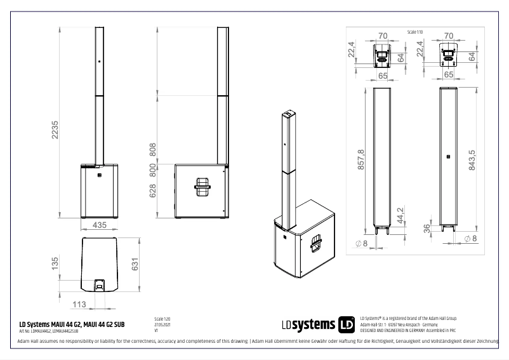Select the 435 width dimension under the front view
pyautogui.click(x=98, y=225)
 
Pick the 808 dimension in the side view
pyautogui.click(x=152, y=150)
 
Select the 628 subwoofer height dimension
pyautogui.click(x=152, y=191)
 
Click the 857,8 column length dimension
pyautogui.click(x=360, y=160)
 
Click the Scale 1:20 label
pyautogui.click(x=162, y=319)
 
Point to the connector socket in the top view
pyautogui.click(x=100, y=285)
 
